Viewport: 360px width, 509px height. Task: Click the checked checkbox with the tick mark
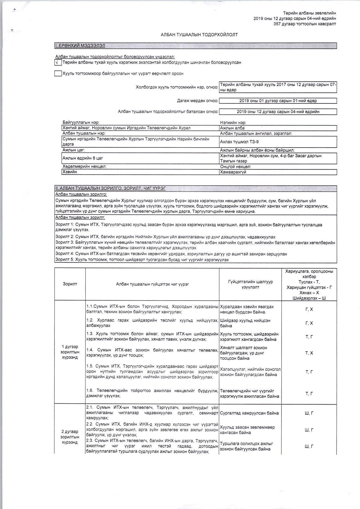tap(58, 62)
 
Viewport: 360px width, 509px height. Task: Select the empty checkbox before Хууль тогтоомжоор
tap(58, 73)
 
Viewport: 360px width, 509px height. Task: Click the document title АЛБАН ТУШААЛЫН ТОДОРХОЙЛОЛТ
tap(199, 35)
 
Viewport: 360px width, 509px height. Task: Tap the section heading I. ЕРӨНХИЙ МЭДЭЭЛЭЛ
tap(80, 46)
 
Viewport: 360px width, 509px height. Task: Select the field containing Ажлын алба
tap(278, 128)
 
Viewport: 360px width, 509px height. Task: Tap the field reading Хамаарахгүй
tap(278, 172)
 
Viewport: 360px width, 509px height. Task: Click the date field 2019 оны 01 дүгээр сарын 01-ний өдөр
tap(278, 101)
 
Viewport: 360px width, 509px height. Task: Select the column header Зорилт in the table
tap(70, 284)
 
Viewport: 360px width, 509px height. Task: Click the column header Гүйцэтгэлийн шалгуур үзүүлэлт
tap(250, 284)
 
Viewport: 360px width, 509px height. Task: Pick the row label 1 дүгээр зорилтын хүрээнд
tap(70, 352)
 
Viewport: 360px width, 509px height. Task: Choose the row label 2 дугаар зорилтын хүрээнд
tap(70, 437)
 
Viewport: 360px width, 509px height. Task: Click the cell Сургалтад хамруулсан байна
tap(249, 413)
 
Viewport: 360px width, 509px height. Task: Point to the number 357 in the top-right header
tap(277, 24)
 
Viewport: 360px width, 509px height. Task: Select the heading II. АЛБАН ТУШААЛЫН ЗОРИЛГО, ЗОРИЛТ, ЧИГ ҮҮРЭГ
tap(111, 188)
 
